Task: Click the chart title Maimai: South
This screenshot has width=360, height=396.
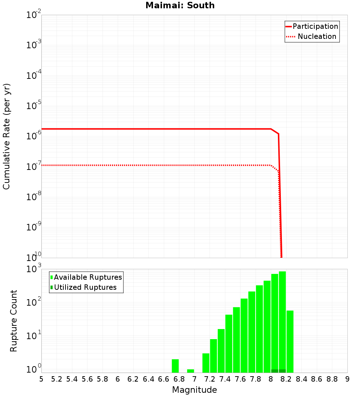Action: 180,6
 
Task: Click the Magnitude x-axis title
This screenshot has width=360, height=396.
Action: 194,390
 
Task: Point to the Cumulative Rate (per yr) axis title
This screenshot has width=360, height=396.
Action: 6,136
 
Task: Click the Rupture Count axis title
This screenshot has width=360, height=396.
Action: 14,321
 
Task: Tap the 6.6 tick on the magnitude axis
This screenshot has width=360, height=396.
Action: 164,379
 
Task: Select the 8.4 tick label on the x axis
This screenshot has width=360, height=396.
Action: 302,379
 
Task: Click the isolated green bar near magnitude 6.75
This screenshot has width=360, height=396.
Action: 175,366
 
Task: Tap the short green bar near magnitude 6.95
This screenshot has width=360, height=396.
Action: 190,371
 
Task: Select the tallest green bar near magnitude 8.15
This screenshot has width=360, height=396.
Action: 282,320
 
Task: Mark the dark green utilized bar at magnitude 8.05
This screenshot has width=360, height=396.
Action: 275,371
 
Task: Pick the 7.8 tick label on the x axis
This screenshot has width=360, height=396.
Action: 256,379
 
